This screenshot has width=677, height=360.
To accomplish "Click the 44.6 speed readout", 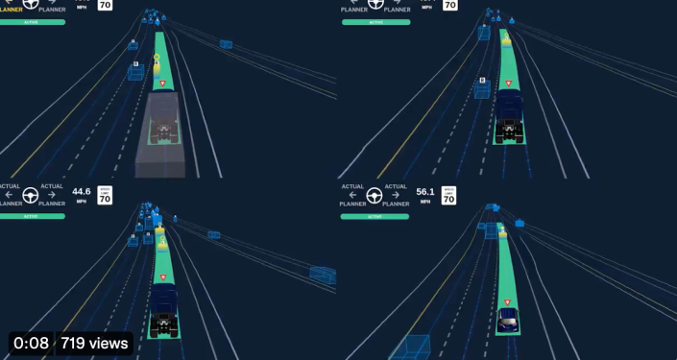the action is click(x=81, y=191).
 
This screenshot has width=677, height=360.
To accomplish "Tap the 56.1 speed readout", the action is click(x=424, y=191).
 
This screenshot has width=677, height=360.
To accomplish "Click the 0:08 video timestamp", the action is click(x=31, y=343).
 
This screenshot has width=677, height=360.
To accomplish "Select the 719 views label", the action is click(x=94, y=343).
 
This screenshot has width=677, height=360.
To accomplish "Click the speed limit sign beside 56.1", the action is click(x=449, y=195).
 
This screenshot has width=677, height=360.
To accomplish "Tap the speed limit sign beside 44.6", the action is click(x=105, y=195).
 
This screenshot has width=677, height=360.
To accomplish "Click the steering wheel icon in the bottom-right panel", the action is click(x=375, y=195).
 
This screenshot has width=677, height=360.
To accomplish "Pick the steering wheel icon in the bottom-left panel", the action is click(x=30, y=195).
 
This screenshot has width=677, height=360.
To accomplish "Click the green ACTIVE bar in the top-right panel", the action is click(x=375, y=22).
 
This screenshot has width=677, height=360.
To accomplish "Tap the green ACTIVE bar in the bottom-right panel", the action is click(x=375, y=216).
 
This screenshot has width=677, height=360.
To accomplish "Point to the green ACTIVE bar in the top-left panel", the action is click(x=33, y=21).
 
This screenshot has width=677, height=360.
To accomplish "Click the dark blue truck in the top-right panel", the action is click(x=509, y=116).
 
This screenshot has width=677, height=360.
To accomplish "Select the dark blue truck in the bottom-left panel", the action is click(x=164, y=309).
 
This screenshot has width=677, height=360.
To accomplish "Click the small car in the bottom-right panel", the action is click(x=508, y=319).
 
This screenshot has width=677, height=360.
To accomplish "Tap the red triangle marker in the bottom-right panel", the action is click(x=507, y=301).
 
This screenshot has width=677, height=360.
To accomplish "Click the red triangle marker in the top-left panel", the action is click(x=162, y=84).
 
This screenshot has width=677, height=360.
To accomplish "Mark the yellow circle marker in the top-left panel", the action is click(x=157, y=57).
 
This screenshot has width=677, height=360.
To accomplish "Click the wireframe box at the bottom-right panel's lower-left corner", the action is click(x=412, y=348).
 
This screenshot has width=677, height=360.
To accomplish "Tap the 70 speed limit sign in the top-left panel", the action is click(x=105, y=5).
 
